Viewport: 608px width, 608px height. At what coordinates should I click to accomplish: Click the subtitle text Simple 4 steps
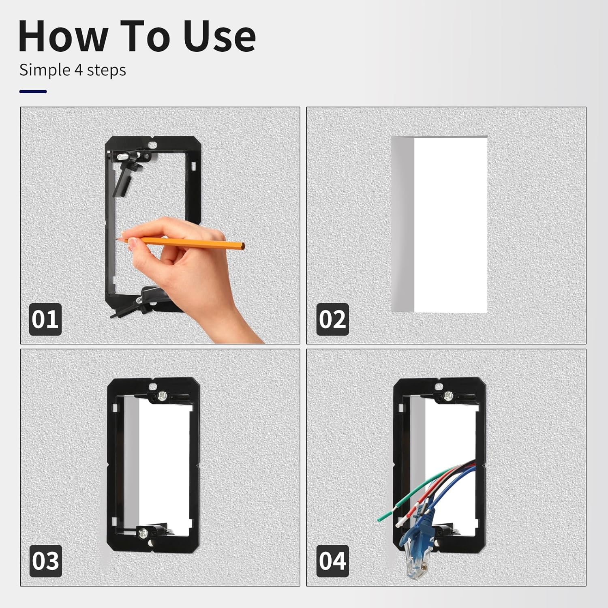pyautogui.click(x=73, y=70)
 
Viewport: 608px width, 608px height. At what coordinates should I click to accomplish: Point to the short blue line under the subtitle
pyautogui.click(x=33, y=92)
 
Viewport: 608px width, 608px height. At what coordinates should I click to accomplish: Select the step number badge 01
pyautogui.click(x=45, y=319)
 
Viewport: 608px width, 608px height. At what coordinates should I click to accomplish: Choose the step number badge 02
pyautogui.click(x=332, y=319)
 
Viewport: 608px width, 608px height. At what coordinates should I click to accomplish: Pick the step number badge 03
pyautogui.click(x=45, y=561)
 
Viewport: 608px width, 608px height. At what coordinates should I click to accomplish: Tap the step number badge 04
pyautogui.click(x=332, y=561)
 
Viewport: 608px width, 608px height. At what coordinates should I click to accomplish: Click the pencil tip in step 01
pyautogui.click(x=117, y=240)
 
